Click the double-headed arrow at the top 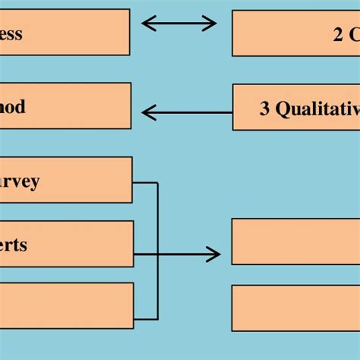(x=179, y=24)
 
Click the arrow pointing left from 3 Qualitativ (x=187, y=113)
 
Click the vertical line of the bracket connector (x=158, y=251)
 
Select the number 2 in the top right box (x=337, y=34)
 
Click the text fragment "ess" (x=11, y=33)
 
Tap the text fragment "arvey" (x=20, y=182)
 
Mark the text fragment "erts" (x=14, y=245)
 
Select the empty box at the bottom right (x=295, y=308)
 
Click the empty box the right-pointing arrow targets (x=295, y=242)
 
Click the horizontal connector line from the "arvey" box (x=145, y=182)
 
